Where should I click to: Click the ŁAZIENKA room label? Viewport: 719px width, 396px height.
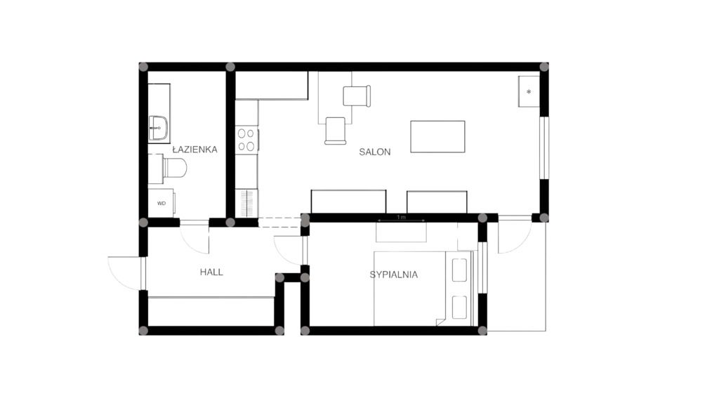pos(195,150)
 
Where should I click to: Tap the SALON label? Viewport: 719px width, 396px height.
pos(375,152)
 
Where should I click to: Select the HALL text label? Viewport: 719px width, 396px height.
pos(211,272)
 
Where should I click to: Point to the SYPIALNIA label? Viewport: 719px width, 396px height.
pos(394,275)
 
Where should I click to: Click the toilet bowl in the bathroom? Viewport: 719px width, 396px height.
pos(175,168)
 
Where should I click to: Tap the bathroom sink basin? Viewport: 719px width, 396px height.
pos(158,128)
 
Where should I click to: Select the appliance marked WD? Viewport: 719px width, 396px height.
pos(161,203)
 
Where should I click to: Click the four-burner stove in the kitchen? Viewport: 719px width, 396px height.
pos(246,140)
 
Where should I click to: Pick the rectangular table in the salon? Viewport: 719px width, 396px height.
pos(437,137)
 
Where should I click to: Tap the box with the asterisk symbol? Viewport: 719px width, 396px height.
pos(529,92)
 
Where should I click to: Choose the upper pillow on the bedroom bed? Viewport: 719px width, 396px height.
pos(459,270)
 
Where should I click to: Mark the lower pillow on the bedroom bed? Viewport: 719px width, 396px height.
pos(459,307)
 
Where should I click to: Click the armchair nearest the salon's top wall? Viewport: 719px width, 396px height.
pos(357,95)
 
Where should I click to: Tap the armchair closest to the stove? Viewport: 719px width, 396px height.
pos(335,131)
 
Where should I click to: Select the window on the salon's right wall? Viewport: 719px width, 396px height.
pos(544,148)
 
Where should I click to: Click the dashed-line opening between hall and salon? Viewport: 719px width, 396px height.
pos(279,223)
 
